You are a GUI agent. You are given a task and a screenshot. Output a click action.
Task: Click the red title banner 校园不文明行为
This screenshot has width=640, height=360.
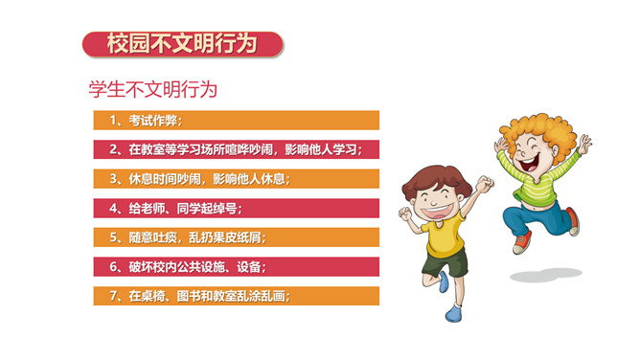point(182,44)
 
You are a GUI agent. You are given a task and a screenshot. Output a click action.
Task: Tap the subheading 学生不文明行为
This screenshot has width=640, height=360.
point(153,89)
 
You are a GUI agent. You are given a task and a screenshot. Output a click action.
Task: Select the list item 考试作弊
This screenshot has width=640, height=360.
point(153,121)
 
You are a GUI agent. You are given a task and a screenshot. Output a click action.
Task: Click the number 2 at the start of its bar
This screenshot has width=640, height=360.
point(113,149)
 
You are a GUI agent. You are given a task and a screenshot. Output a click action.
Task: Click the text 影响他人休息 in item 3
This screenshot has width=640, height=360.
point(248,179)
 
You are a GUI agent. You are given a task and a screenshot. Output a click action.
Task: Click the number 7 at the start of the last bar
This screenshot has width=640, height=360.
point(113,296)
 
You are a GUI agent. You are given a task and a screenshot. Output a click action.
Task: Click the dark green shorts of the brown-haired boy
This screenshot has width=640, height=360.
point(445,264)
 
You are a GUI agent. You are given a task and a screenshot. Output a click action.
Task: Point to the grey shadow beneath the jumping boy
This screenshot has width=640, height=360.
point(546,275)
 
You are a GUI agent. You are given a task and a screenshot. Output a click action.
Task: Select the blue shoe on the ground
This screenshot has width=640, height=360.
point(453,313)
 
